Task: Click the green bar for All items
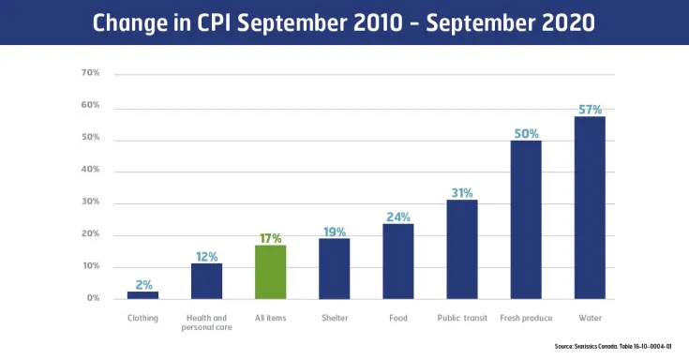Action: [x=270, y=272]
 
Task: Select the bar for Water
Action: [x=590, y=207]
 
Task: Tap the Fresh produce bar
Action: [x=526, y=219]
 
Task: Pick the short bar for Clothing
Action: [x=142, y=295]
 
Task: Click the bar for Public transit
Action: [x=462, y=249]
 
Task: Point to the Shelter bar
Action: [x=334, y=268]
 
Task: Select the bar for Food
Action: [x=397, y=261]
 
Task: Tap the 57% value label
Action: [x=590, y=110]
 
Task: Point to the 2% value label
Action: [x=142, y=284]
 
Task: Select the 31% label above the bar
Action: [x=462, y=192]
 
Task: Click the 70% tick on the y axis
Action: [x=92, y=73]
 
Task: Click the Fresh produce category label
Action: [x=526, y=318]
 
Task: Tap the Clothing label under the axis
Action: [x=142, y=318]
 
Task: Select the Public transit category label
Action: [x=462, y=318]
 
